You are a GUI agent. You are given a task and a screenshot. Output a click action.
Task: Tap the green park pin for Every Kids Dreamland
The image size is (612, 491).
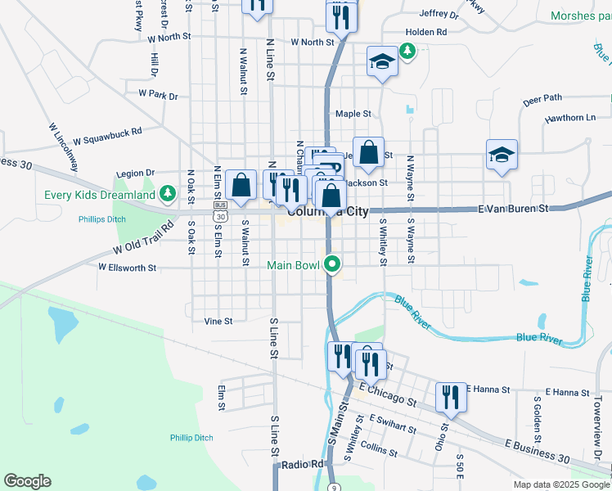(168, 194)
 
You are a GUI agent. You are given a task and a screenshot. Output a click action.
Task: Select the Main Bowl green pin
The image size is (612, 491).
(331, 264)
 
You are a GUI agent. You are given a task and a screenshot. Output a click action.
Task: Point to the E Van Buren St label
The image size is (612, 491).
(513, 209)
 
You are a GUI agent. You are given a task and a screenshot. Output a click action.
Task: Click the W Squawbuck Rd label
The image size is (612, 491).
(107, 135)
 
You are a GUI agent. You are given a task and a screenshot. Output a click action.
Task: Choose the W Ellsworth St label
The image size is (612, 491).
(127, 267)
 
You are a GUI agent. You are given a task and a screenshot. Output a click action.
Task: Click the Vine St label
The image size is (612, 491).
(218, 322)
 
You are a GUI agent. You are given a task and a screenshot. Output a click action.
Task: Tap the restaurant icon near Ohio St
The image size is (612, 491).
(450, 398)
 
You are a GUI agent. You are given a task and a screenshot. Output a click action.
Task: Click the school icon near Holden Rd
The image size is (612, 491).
(382, 63)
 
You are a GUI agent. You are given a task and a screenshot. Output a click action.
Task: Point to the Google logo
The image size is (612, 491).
(27, 481)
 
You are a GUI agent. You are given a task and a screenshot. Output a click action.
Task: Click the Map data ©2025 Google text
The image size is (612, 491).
(561, 484)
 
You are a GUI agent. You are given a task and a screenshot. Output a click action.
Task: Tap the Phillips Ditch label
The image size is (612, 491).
(101, 219)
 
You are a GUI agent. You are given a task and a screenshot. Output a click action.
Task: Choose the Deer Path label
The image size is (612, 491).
(542, 98)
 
